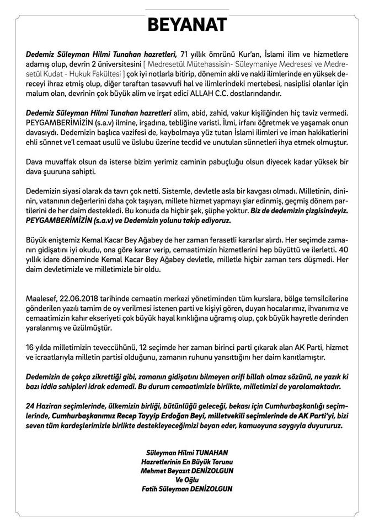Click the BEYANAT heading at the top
[x=186, y=25]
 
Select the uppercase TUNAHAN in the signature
[x=214, y=452]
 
